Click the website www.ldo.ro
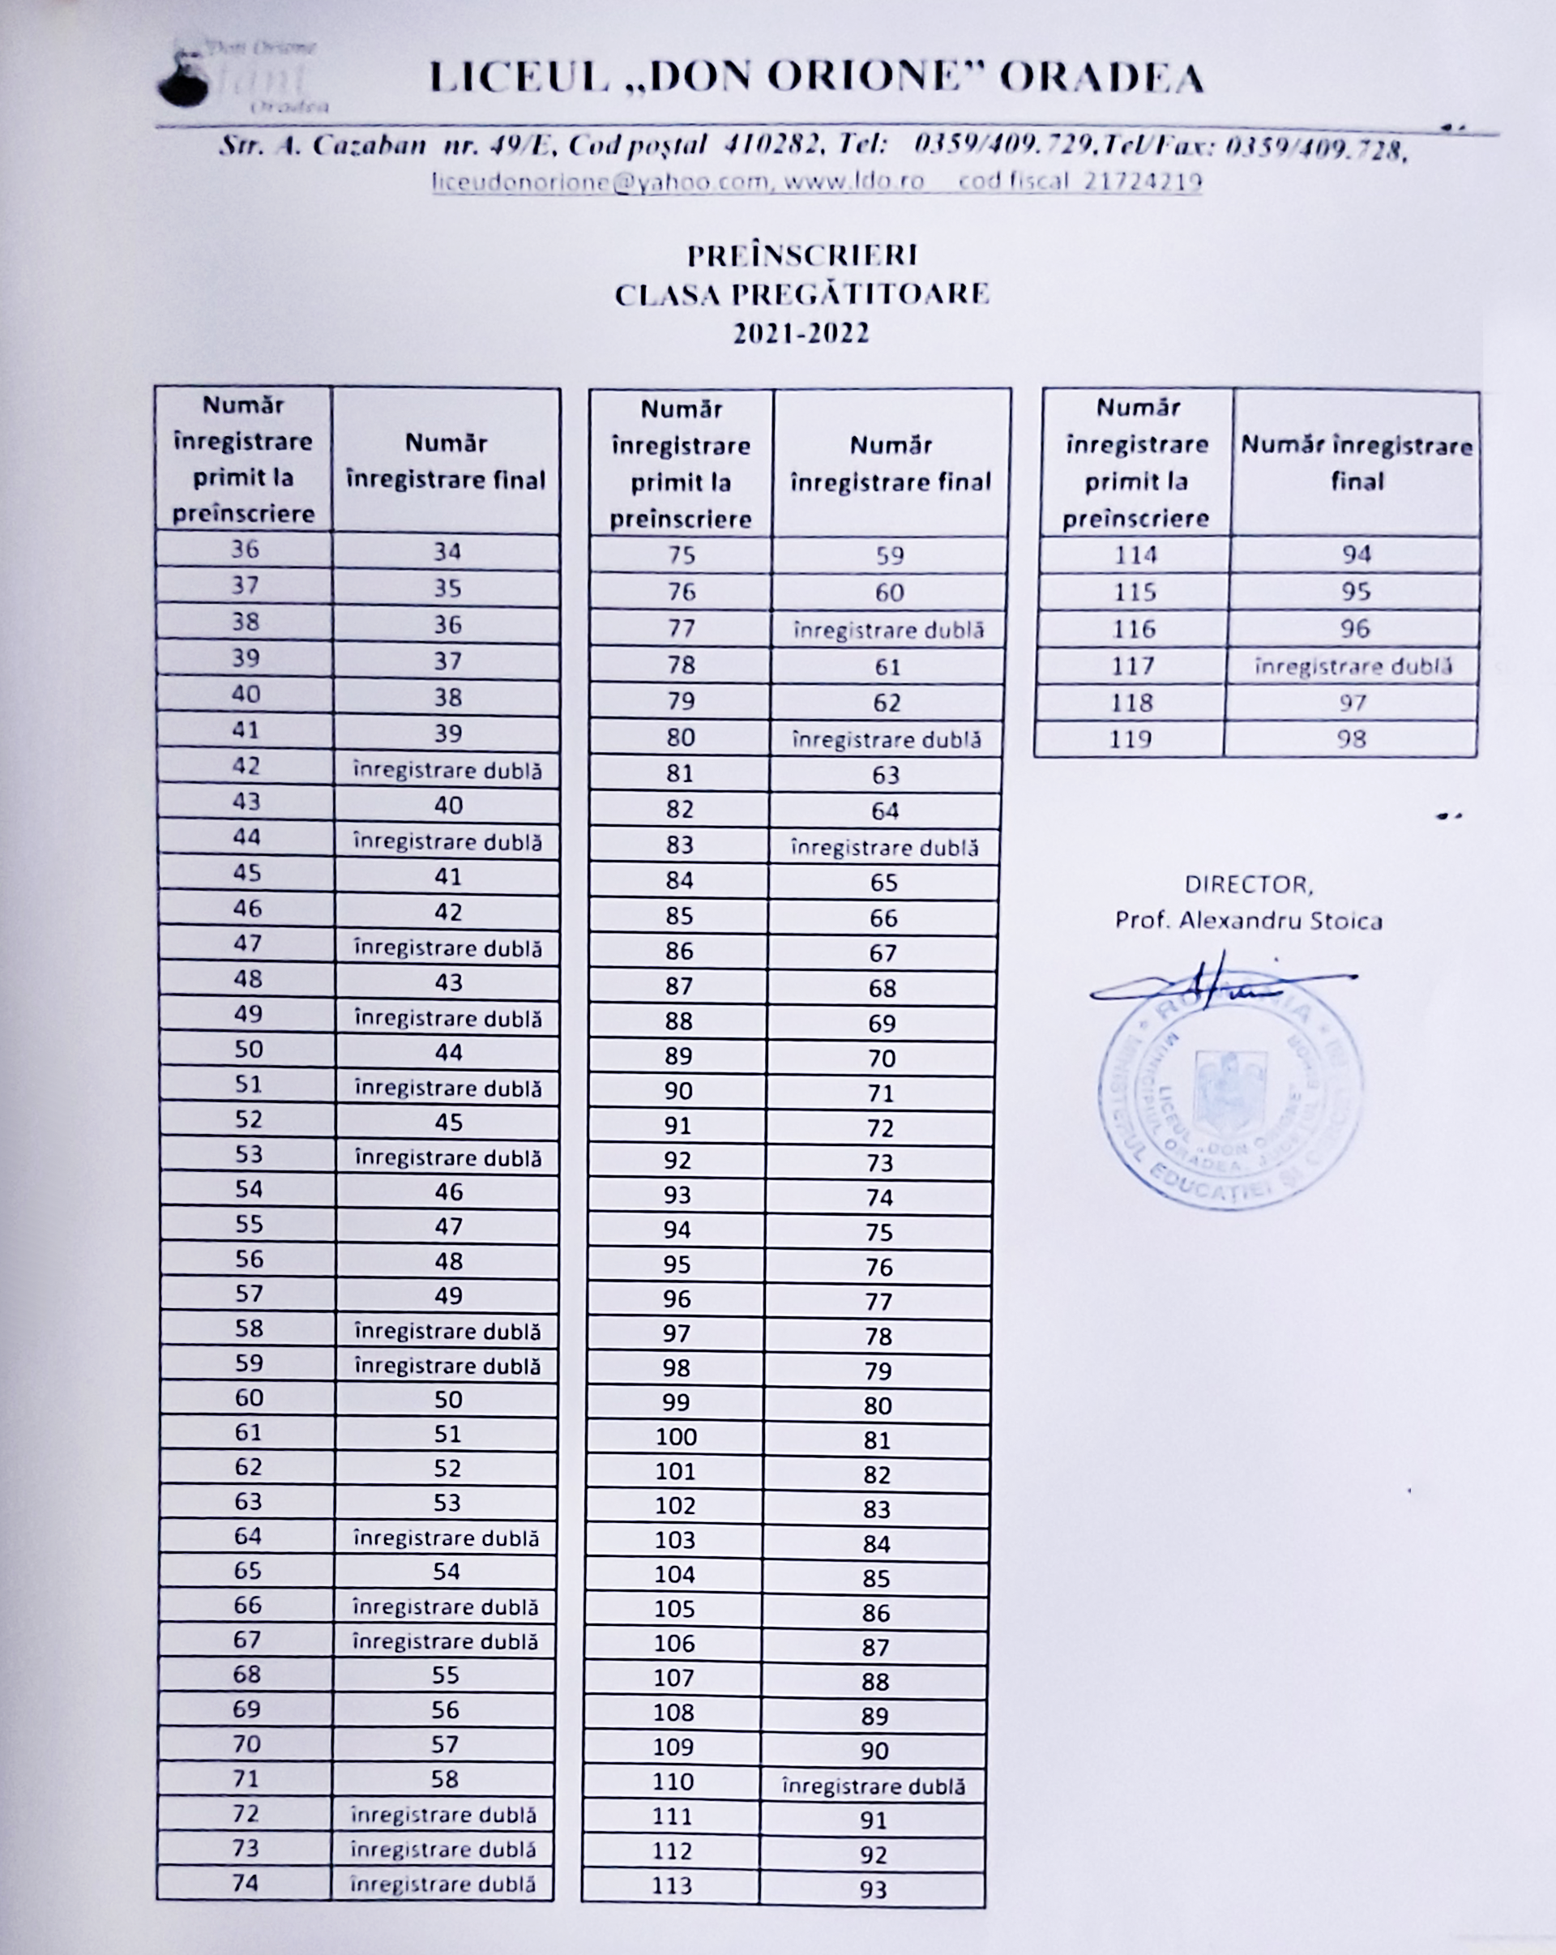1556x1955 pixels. tap(853, 182)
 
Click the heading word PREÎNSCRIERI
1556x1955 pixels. tap(802, 255)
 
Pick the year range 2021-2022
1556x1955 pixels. tap(802, 334)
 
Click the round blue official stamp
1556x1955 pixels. tap(1230, 1097)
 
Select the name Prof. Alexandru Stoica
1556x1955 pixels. tap(1249, 922)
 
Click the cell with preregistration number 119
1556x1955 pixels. tap(1130, 739)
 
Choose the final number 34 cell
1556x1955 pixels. tap(447, 551)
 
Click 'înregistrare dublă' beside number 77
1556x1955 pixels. tap(889, 629)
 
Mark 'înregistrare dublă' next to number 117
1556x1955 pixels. tap(1353, 666)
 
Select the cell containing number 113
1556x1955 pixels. tap(672, 1886)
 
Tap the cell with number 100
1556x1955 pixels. tap(677, 1436)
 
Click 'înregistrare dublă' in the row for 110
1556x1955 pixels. tap(873, 1786)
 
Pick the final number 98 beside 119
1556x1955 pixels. tap(1351, 739)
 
